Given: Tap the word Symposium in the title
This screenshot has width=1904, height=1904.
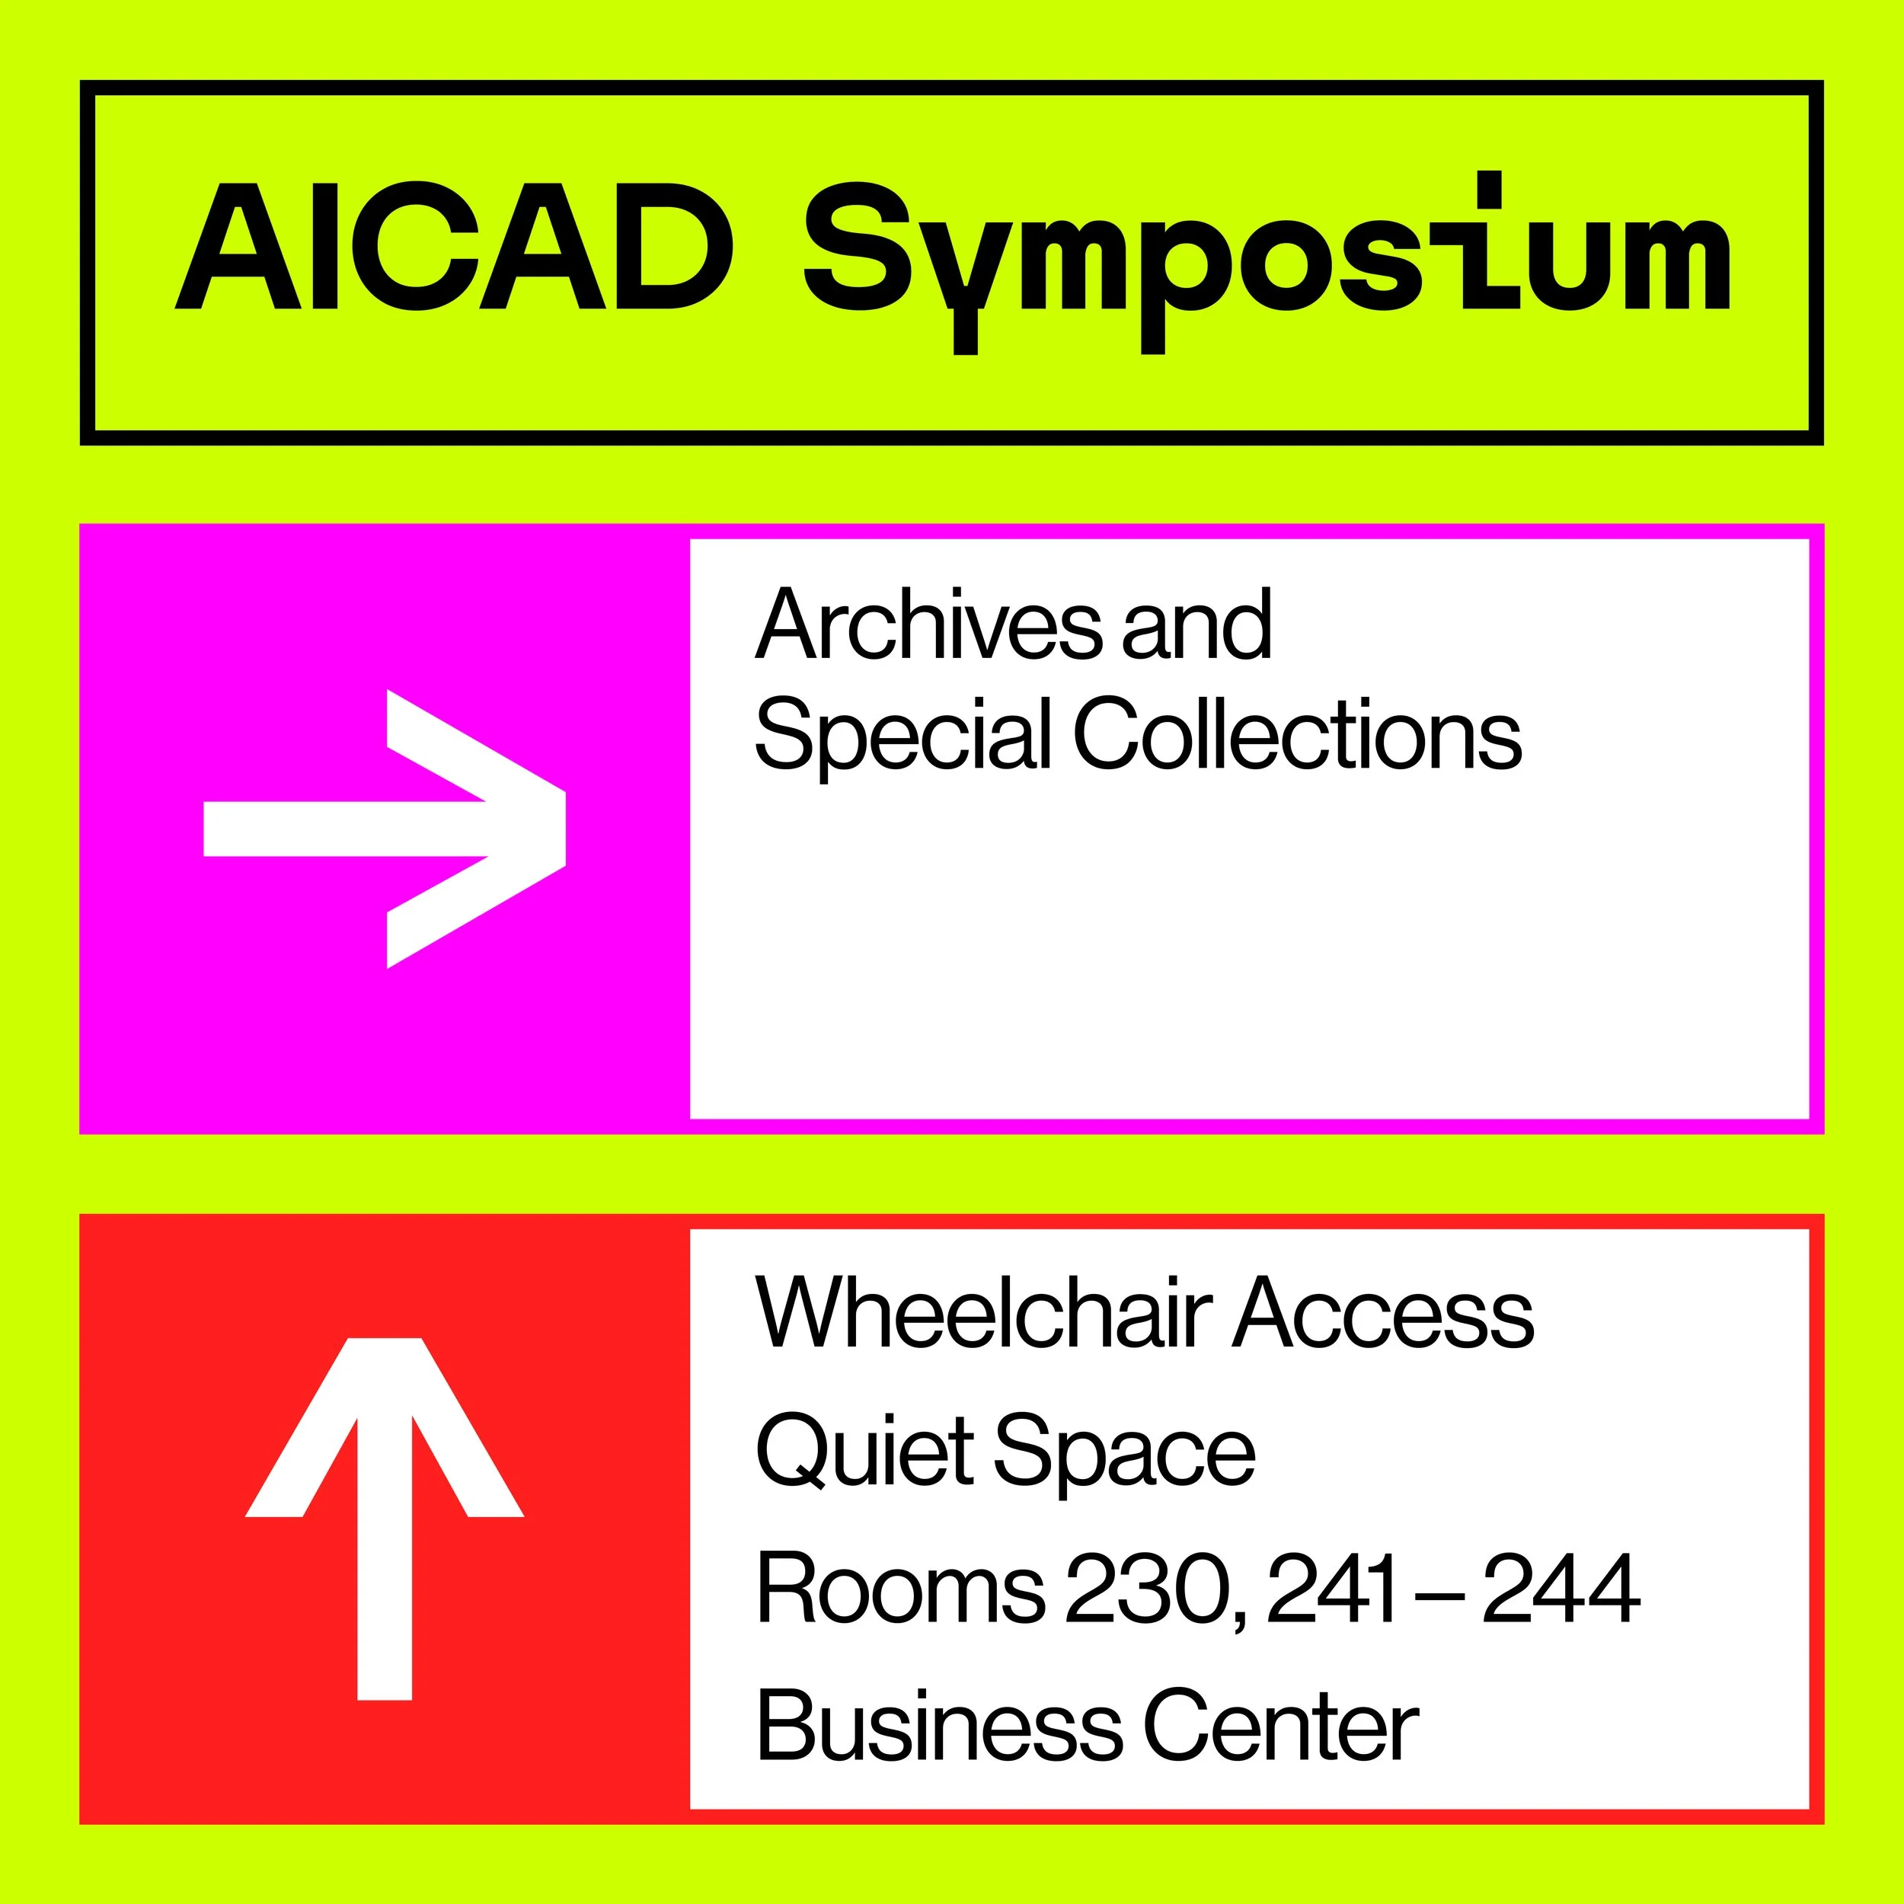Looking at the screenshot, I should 1267,256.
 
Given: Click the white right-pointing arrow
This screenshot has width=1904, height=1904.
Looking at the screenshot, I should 385,829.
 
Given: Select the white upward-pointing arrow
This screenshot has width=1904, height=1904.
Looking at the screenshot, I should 385,1519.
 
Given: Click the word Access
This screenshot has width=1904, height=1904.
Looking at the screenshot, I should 1384,1315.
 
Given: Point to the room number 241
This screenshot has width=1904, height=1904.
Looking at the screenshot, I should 1331,1589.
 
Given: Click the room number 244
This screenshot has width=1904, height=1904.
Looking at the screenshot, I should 1561,1589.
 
